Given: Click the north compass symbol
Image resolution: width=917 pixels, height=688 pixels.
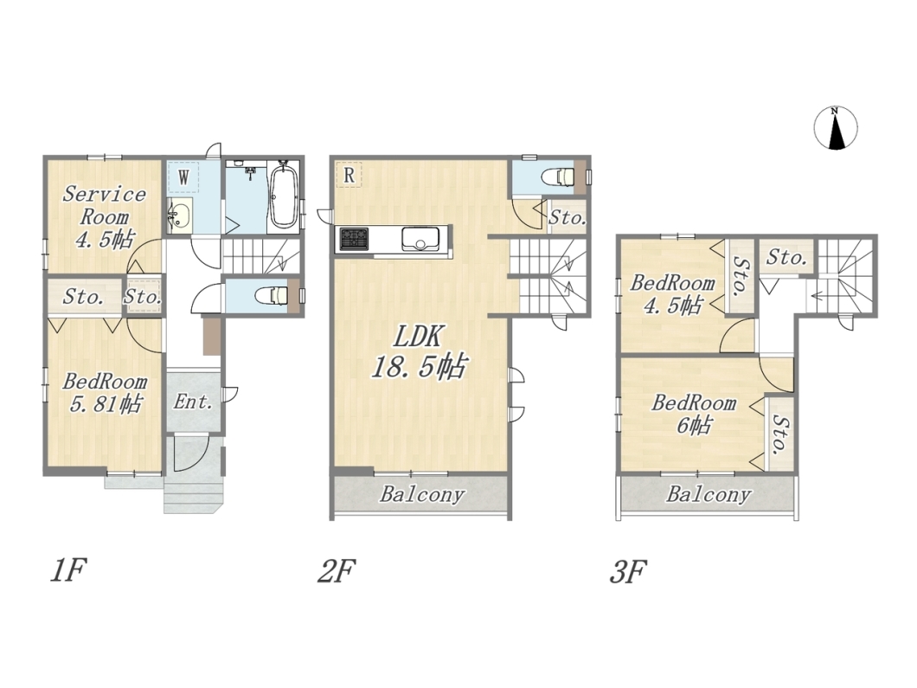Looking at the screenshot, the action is pyautogui.click(x=836, y=128).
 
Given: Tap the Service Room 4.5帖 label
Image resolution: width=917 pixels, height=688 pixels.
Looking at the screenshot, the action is pyautogui.click(x=104, y=216).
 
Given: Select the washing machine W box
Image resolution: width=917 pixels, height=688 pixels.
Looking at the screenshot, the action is pyautogui.click(x=183, y=177).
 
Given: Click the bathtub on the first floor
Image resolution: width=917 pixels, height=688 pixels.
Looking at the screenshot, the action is pyautogui.click(x=284, y=196).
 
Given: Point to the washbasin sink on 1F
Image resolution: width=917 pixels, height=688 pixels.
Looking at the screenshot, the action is pyautogui.click(x=180, y=215).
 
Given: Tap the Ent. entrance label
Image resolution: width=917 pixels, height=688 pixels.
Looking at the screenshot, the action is pyautogui.click(x=193, y=402).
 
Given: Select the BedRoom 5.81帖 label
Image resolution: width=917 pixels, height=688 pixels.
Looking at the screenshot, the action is pyautogui.click(x=105, y=393).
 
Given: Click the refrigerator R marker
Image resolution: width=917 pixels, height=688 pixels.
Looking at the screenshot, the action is pyautogui.click(x=349, y=174).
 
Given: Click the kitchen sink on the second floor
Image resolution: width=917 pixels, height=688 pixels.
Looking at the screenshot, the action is pyautogui.click(x=420, y=239).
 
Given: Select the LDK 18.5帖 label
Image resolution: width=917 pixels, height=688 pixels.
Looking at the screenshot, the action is pyautogui.click(x=419, y=351).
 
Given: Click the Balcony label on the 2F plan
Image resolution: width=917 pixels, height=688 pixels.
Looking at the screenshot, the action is pyautogui.click(x=421, y=495).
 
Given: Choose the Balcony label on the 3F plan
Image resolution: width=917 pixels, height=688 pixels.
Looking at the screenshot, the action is pyautogui.click(x=709, y=495).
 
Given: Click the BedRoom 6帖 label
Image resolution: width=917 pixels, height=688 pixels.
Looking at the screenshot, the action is pyautogui.click(x=694, y=414).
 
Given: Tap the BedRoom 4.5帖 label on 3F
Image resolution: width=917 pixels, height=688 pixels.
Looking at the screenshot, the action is pyautogui.click(x=672, y=294).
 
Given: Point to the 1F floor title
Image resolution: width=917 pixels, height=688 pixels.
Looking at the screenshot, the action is pyautogui.click(x=68, y=570).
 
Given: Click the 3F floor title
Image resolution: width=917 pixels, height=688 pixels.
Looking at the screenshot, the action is pyautogui.click(x=627, y=571).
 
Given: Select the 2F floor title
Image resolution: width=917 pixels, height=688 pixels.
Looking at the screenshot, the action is pyautogui.click(x=337, y=570).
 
